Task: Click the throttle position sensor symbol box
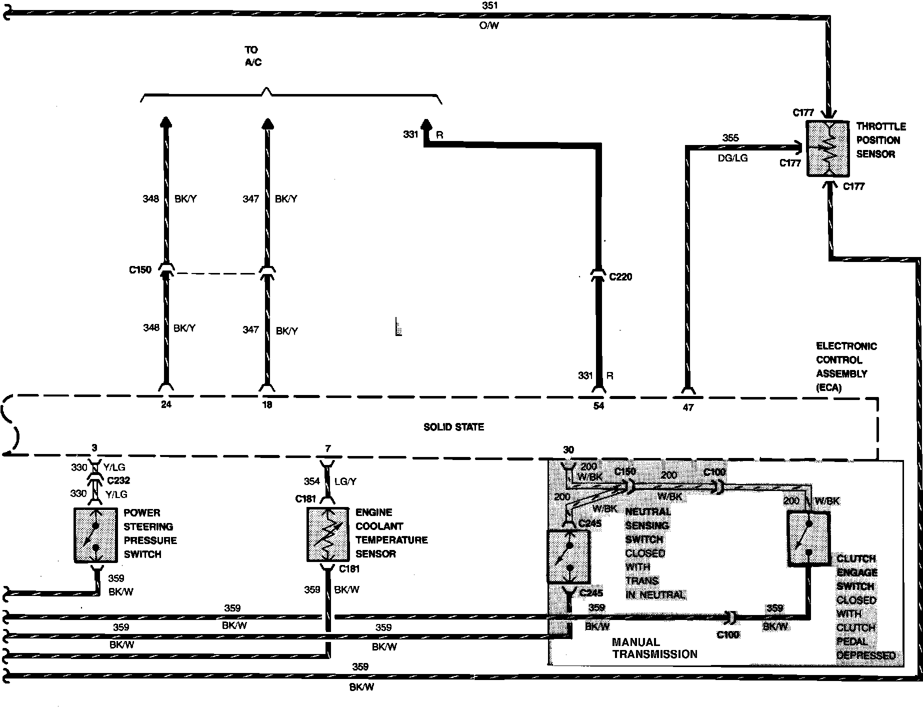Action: click(827, 148)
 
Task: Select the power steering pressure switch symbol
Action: click(95, 535)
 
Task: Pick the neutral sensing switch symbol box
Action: click(569, 556)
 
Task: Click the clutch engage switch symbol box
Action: click(808, 538)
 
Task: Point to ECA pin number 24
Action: click(166, 404)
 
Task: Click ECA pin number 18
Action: click(267, 404)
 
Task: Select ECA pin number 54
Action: click(598, 406)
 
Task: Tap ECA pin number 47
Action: click(688, 407)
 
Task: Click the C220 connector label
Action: click(620, 277)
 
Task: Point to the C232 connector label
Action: click(118, 480)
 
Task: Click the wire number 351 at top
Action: click(490, 6)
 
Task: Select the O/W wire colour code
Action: click(489, 25)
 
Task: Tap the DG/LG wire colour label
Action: click(732, 158)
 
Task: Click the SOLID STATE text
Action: click(453, 427)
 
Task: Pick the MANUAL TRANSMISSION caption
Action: click(654, 648)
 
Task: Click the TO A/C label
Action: click(253, 56)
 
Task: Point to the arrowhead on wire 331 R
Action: click(426, 124)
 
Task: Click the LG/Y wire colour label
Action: click(345, 481)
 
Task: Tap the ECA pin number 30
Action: click(568, 450)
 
